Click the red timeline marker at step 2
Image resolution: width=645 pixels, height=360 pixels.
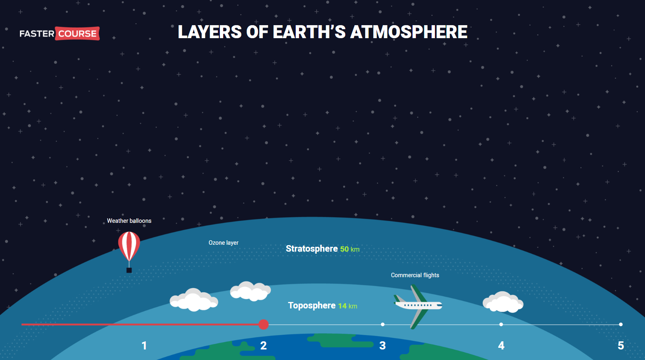coord(263,325)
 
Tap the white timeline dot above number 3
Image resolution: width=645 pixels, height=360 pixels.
coord(383,325)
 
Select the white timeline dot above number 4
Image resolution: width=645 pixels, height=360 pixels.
coord(501,325)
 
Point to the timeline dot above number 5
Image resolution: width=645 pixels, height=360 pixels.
coord(621,325)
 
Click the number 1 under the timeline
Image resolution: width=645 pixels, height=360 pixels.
coord(144,346)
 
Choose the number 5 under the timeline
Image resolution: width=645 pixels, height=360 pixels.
coord(621,346)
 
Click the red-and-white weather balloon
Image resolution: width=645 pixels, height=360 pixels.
coord(129,246)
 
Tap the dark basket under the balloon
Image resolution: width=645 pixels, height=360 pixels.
coord(129,270)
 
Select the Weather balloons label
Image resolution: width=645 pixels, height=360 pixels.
coord(129,221)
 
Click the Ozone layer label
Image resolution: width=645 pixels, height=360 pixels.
coord(224,243)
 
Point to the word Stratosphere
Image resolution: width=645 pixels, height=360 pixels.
coord(312,248)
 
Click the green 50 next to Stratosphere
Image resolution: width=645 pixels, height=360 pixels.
coord(344,249)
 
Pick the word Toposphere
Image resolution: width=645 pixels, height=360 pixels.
coord(312,305)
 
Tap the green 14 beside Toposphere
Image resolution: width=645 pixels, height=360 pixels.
coord(342,306)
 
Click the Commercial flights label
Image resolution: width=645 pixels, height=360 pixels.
coord(415,275)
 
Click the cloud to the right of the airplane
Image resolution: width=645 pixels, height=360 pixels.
coord(503,302)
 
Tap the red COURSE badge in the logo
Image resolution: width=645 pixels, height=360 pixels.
coord(77,33)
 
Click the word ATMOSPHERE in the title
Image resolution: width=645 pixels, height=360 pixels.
coord(408,32)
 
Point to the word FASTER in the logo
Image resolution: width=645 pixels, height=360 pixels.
coord(37,34)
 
